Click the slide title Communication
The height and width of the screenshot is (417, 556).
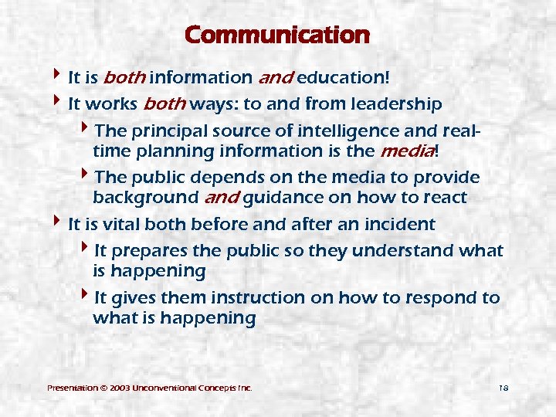pos(277,36)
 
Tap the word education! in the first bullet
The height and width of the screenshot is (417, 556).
pos(343,78)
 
